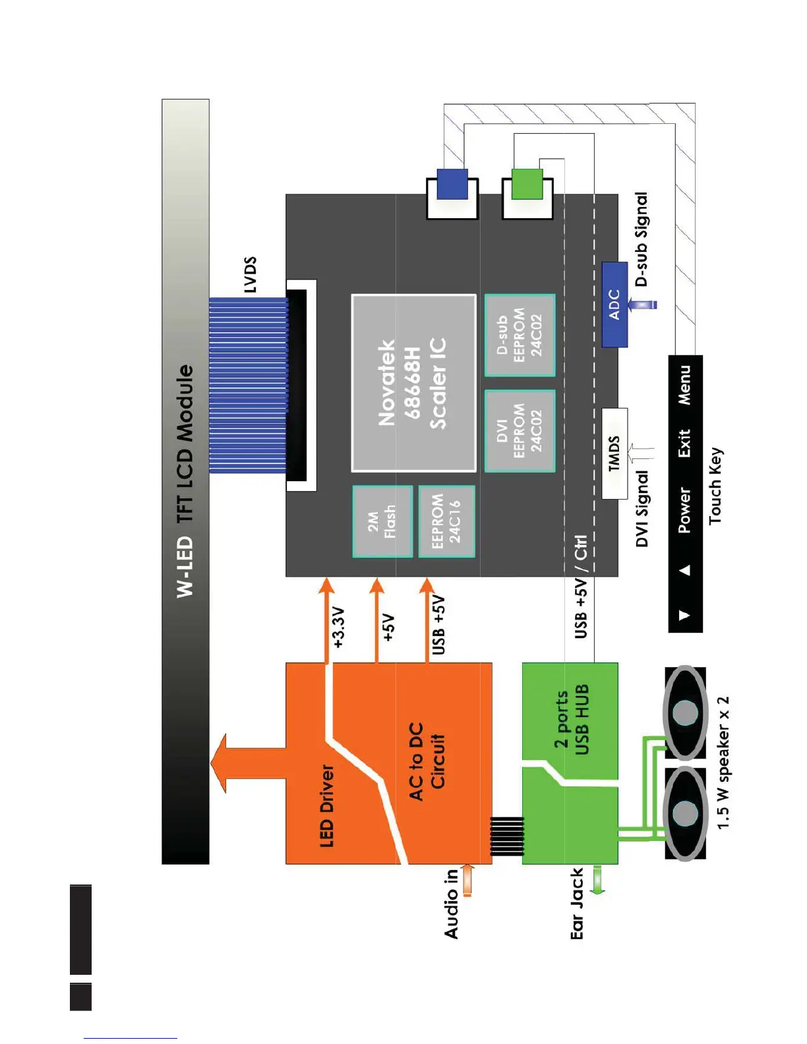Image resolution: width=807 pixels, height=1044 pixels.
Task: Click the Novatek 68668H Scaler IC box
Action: (413, 383)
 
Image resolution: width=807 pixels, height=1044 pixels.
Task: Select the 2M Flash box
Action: (382, 521)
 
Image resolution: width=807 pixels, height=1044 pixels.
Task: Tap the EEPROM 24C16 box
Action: (446, 521)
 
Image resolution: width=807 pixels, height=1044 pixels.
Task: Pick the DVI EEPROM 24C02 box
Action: (520, 431)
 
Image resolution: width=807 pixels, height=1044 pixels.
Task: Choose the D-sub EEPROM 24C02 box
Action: (520, 335)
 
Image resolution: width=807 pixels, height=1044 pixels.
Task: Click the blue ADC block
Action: (614, 304)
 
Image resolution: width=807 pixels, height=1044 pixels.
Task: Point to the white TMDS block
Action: (614, 453)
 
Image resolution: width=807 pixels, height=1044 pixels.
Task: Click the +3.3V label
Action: (338, 627)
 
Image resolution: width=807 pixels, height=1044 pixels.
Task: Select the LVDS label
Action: (250, 275)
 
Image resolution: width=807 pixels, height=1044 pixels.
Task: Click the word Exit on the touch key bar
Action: (685, 443)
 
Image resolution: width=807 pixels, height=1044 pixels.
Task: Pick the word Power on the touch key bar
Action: (685, 510)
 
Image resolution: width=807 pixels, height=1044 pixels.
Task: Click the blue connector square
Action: (452, 184)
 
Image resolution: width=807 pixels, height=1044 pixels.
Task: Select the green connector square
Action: (527, 184)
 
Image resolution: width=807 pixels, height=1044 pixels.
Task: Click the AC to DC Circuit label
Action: (427, 761)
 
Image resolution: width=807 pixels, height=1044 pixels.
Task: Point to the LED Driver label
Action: (327, 805)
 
